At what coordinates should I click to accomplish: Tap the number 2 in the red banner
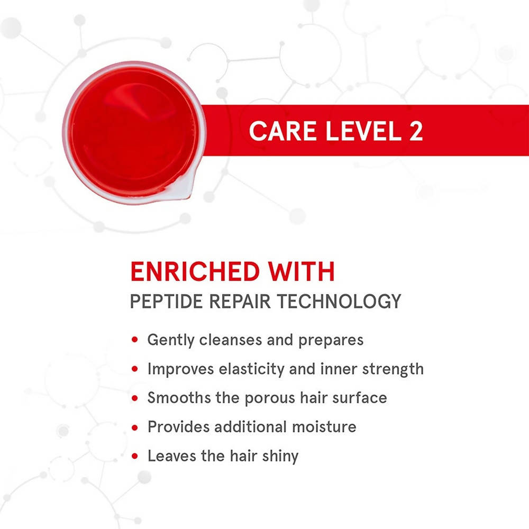(x=416, y=131)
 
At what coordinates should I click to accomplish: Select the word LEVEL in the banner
(x=363, y=131)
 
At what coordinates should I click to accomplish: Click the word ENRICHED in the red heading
(x=195, y=271)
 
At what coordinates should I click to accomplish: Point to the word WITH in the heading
(x=302, y=271)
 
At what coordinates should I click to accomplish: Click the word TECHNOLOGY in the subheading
(x=339, y=302)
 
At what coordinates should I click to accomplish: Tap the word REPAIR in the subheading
(x=240, y=302)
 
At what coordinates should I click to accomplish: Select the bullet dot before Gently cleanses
(x=135, y=340)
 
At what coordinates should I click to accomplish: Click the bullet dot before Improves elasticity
(x=135, y=369)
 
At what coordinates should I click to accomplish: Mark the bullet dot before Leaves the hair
(x=135, y=457)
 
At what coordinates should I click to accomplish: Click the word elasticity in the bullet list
(x=251, y=369)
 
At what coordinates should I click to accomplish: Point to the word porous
(x=270, y=399)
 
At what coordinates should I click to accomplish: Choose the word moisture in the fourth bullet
(x=324, y=427)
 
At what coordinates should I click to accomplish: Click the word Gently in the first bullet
(x=171, y=340)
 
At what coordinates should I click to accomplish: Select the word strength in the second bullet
(x=393, y=369)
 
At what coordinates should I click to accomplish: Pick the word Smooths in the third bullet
(x=179, y=398)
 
